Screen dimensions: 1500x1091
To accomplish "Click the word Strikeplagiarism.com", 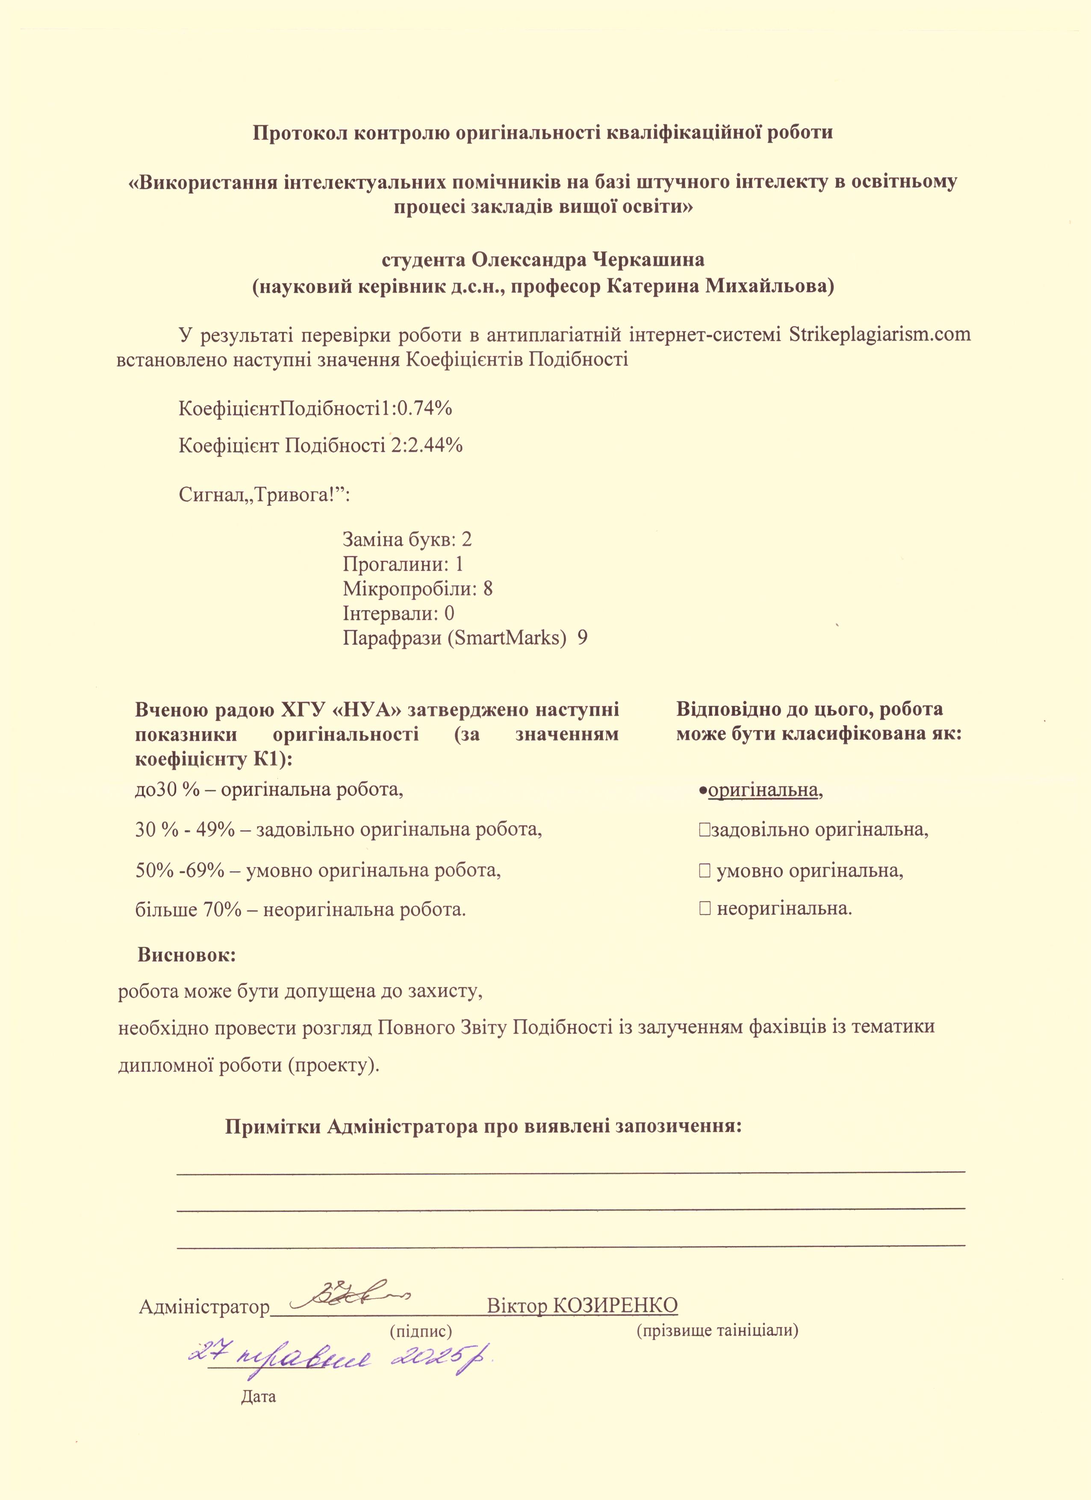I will (879, 334).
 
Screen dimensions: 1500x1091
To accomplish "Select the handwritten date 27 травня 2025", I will (343, 1356).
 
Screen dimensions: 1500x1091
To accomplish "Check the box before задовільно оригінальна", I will (703, 830).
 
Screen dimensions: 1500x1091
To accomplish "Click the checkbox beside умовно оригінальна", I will (703, 871).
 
